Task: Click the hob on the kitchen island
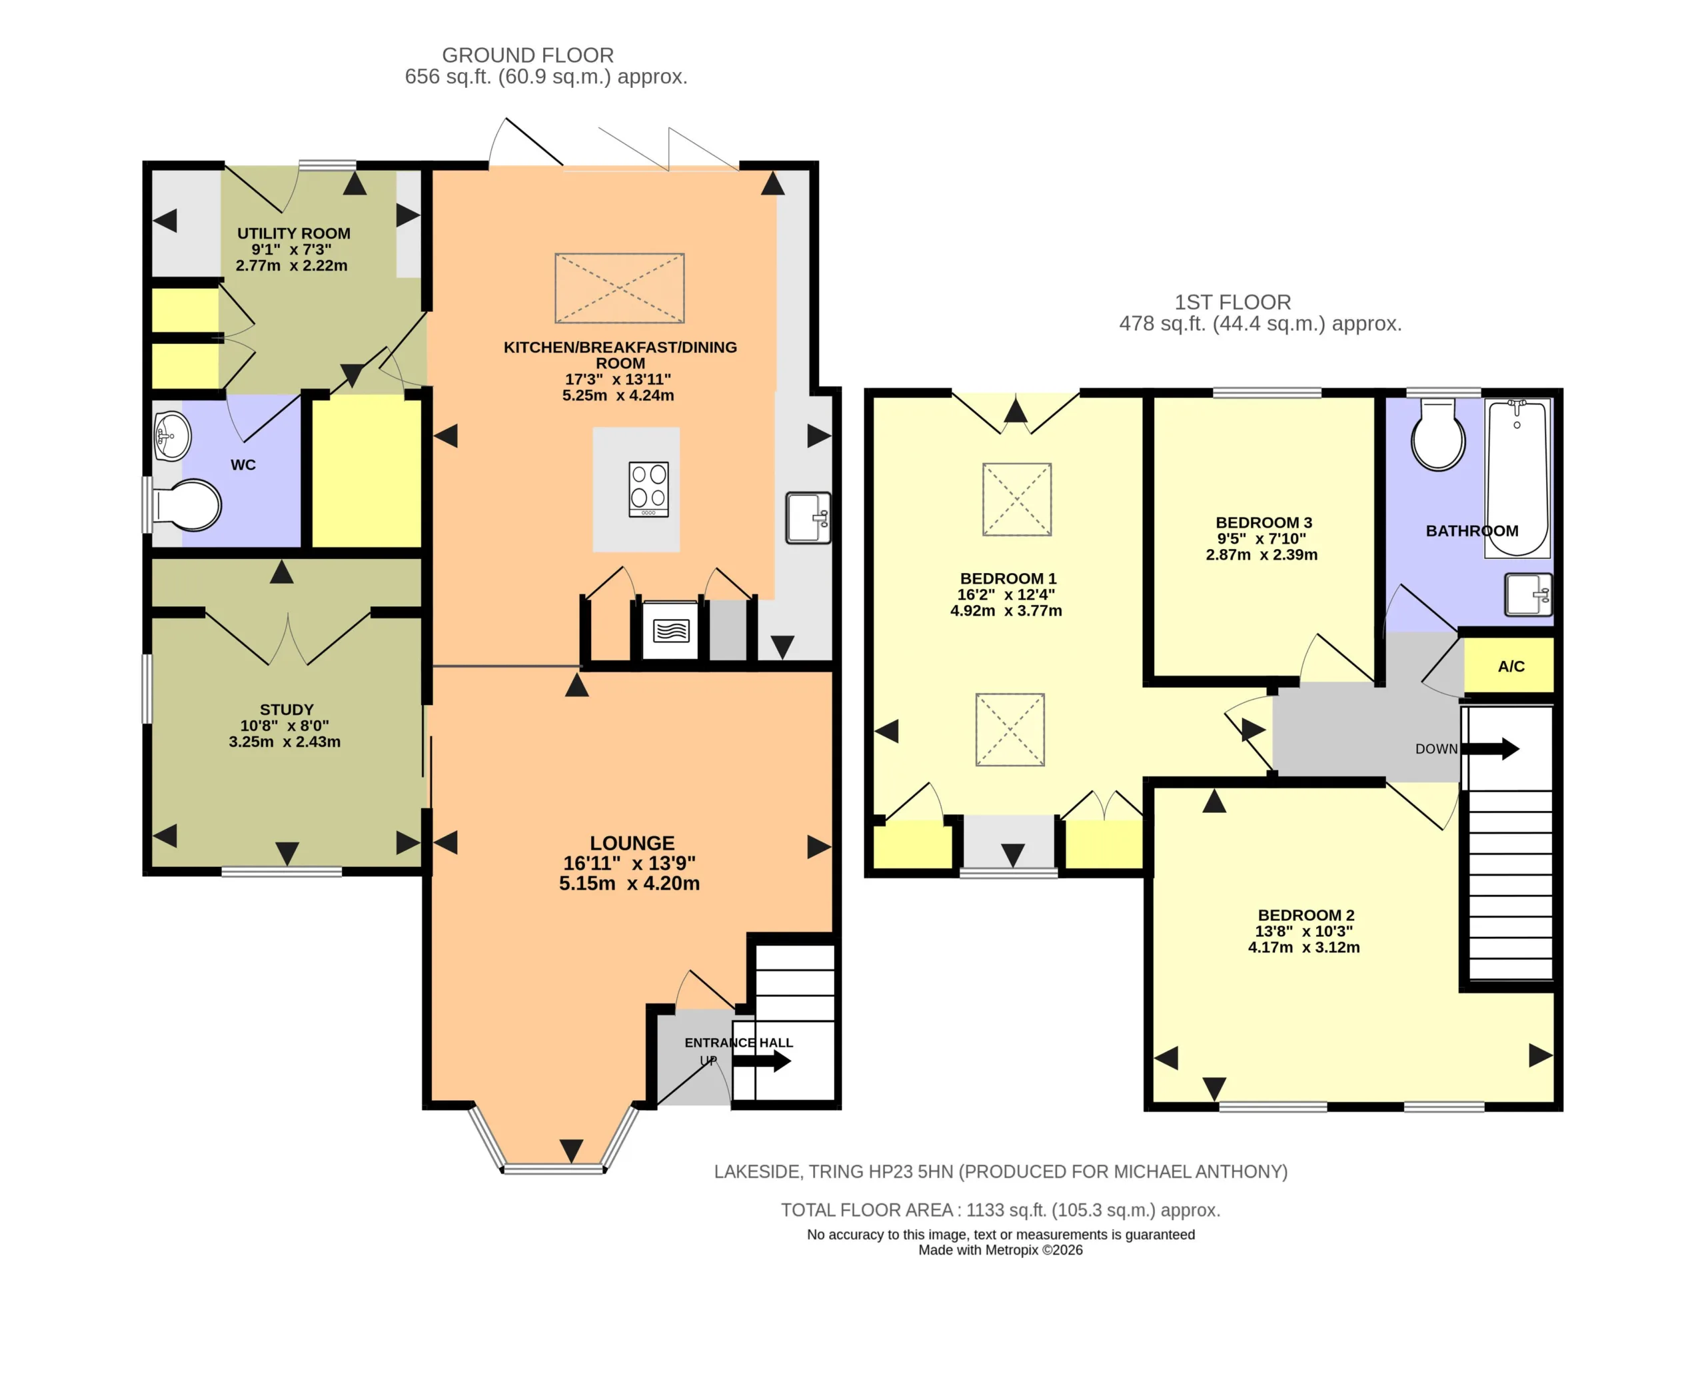[648, 489]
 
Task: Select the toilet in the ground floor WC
[187, 504]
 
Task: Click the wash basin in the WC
[172, 436]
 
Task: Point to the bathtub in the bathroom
[1517, 477]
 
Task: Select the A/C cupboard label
[1511, 666]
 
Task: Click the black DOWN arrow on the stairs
[1489, 749]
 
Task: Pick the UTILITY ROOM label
[294, 233]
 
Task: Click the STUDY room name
[287, 709]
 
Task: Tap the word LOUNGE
[632, 843]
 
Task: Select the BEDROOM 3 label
[1264, 522]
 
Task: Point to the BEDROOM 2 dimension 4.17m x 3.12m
[1303, 947]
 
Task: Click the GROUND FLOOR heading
[528, 55]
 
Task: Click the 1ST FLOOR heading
[1233, 302]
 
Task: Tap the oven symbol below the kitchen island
[670, 630]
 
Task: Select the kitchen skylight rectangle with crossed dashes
[620, 289]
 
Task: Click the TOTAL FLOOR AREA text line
[1000, 1209]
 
